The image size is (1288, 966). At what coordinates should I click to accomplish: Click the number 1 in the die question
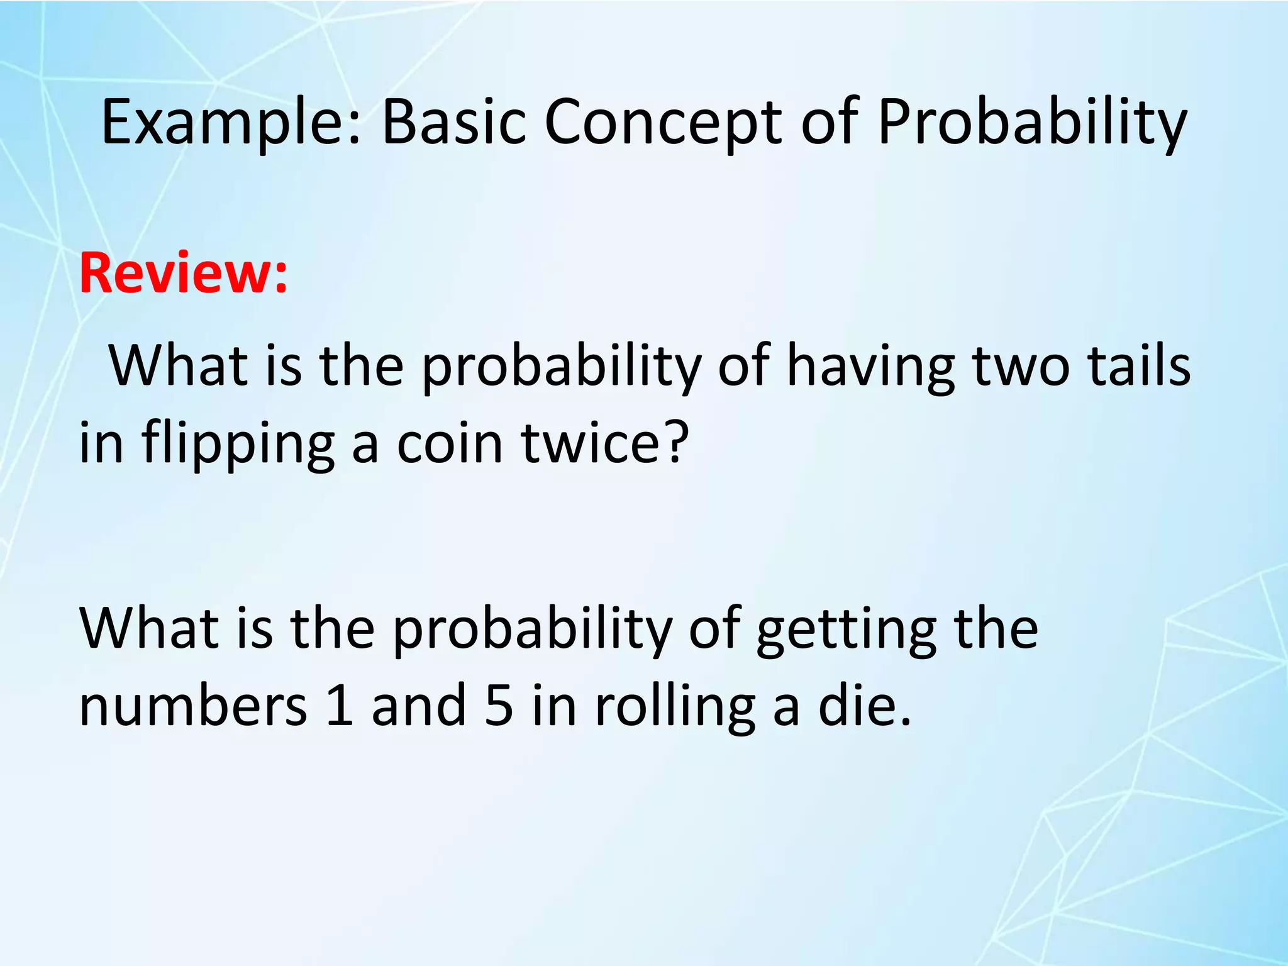340,705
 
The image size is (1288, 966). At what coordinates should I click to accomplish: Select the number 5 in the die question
499,705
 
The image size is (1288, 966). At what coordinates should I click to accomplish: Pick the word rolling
675,706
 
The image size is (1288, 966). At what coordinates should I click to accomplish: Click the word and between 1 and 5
419,705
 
